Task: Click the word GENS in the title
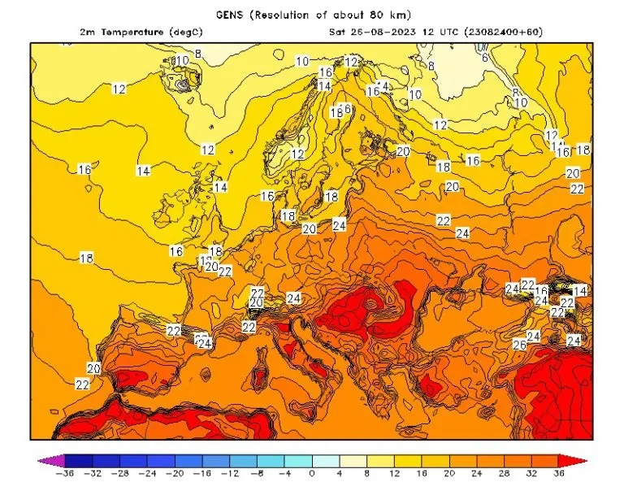pyautogui.click(x=232, y=15)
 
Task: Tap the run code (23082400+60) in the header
pyautogui.click(x=502, y=32)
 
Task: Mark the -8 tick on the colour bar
pyautogui.click(x=258, y=473)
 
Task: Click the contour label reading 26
pyautogui.click(x=520, y=345)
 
